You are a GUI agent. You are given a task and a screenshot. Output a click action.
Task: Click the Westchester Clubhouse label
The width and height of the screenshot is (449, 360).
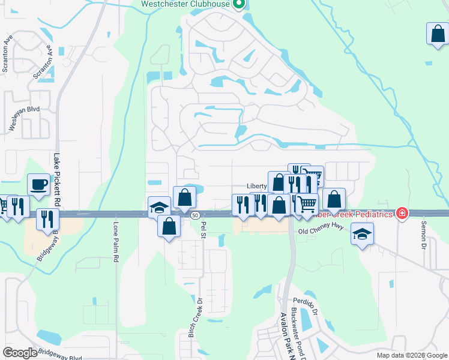[186, 5]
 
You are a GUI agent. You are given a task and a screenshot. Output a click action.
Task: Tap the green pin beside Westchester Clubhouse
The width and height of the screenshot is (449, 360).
[238, 5]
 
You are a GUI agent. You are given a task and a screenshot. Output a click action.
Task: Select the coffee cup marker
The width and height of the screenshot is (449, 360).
[39, 185]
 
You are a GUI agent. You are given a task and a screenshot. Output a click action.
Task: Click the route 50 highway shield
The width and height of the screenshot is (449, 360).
[195, 215]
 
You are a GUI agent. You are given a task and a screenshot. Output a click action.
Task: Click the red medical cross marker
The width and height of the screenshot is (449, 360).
[402, 214]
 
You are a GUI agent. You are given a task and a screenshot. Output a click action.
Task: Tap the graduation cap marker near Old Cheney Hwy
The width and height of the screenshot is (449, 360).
[363, 234]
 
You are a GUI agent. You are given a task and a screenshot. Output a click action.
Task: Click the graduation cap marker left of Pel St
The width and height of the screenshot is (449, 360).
[158, 208]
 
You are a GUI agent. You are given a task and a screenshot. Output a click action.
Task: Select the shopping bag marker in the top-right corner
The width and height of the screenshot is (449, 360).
[438, 34]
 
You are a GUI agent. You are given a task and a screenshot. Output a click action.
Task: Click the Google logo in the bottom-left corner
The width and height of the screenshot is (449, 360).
[20, 353]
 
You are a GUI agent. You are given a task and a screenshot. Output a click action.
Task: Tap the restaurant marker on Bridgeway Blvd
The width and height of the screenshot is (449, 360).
[47, 219]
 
